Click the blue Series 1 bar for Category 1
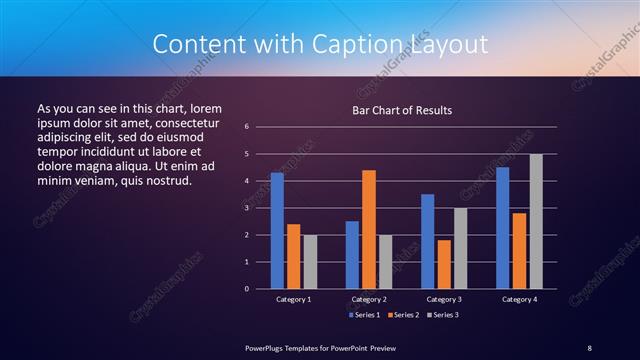coord(277,231)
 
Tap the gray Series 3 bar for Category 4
coord(536,221)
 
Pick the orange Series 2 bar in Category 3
coord(444,264)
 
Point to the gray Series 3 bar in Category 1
coord(310,262)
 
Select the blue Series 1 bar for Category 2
coord(352,255)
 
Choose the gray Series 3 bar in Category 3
coord(460,248)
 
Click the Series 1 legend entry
coord(363,315)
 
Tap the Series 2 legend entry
coord(401,315)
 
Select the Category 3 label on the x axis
coord(443,299)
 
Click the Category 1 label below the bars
coord(293,299)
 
